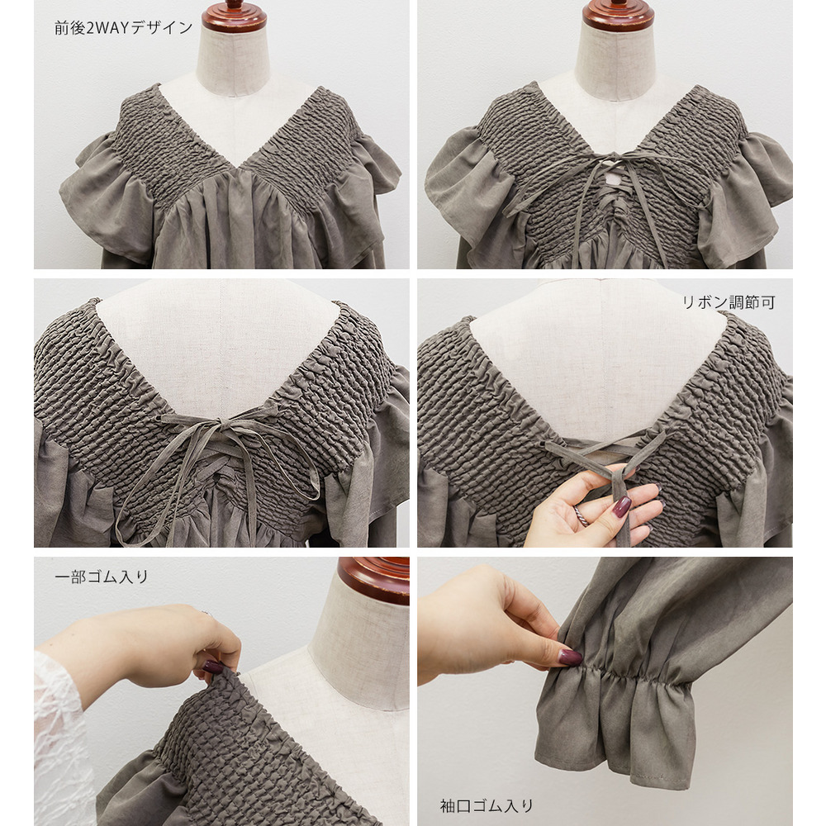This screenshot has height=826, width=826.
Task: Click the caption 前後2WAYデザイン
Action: [124, 27]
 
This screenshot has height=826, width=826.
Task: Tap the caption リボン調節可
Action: [729, 302]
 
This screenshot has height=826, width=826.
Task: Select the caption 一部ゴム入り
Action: [101, 577]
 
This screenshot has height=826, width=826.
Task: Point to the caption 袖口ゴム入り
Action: [487, 805]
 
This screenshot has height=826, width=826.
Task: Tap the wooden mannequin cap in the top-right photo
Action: [618, 15]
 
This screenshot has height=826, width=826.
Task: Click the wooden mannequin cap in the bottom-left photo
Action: [373, 580]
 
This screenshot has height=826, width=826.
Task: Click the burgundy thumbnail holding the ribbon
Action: [622, 506]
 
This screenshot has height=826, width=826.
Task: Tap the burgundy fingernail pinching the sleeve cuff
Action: [571, 657]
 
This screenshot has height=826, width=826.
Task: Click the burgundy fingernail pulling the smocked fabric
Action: [213, 667]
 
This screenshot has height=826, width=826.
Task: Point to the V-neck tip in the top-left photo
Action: [240, 168]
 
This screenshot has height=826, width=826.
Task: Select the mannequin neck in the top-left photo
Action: [233, 58]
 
